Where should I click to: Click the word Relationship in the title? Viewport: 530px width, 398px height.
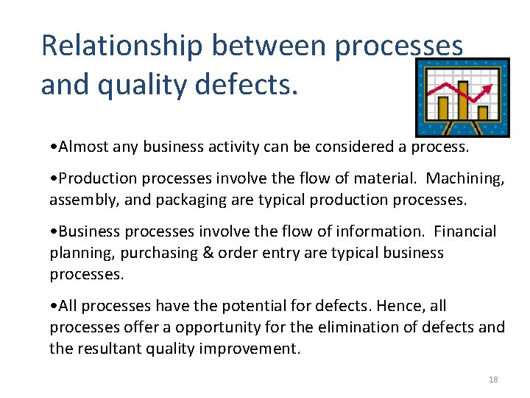[121, 46]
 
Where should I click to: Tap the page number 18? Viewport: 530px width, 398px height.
[493, 380]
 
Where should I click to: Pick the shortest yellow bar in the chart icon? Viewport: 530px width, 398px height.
[483, 113]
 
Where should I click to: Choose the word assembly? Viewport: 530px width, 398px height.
[77, 199]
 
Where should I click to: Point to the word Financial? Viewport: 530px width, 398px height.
[465, 232]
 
